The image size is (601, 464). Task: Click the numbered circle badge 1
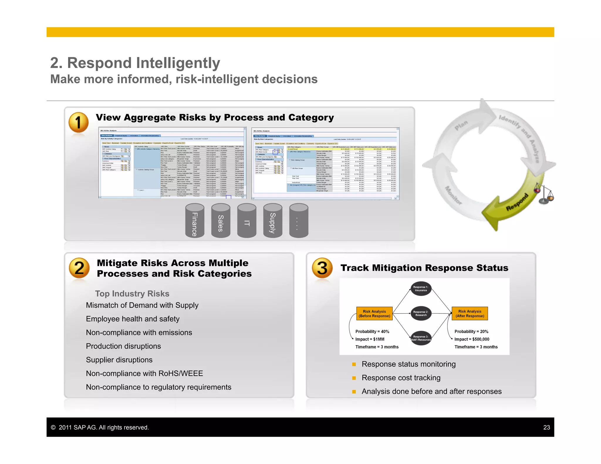78,122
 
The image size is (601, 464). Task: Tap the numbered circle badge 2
79,268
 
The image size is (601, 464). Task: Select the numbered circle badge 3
322,268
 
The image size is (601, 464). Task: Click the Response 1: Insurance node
421,289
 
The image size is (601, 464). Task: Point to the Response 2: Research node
421,314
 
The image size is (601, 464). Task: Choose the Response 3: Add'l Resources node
421,338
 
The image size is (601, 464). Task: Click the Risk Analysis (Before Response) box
374,314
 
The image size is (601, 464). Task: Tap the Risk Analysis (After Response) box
470,314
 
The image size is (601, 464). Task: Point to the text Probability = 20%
471,331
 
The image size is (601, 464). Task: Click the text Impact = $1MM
370,339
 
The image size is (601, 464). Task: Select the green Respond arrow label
517,202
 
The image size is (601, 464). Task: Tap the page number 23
546,427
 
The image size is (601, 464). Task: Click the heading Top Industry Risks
132,294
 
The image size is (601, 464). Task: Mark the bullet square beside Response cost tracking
354,378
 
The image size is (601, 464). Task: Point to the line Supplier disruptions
119,360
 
